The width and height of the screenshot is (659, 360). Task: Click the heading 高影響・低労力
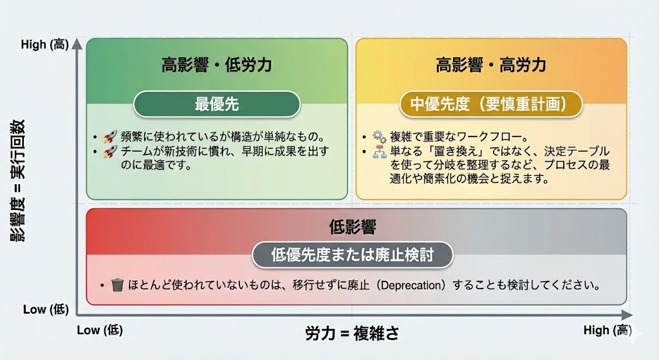pos(217,65)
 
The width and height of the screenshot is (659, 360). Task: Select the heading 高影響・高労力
pos(491,65)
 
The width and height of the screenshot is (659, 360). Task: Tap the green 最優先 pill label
pos(217,104)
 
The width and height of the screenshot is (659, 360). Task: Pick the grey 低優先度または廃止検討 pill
pos(352,254)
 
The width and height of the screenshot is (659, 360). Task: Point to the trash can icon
pos(117,284)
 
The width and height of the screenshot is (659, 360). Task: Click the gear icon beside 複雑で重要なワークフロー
pos(379,137)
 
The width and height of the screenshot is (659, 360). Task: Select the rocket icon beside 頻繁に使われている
pos(110,137)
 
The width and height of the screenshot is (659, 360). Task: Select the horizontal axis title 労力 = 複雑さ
pos(352,333)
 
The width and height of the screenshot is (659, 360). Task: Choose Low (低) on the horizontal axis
pos(99,330)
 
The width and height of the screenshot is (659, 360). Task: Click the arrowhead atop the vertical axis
pos(77,44)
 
